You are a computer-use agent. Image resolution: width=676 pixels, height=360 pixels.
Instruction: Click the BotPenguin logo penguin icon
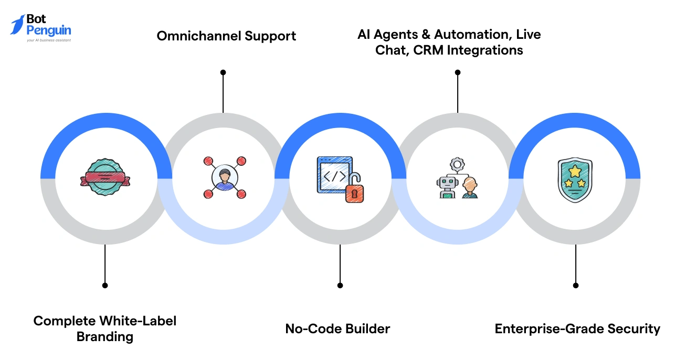tap(17, 25)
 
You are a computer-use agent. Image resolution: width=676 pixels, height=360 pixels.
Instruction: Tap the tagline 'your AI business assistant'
tap(48, 40)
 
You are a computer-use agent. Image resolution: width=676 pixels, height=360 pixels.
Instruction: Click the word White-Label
tap(138, 321)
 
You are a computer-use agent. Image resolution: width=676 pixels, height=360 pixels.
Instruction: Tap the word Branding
tap(105, 336)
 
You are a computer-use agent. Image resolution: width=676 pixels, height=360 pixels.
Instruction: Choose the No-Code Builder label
tap(337, 329)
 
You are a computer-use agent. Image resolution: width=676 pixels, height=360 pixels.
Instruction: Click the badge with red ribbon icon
tap(105, 179)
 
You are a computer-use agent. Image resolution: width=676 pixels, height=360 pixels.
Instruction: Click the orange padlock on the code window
tap(354, 192)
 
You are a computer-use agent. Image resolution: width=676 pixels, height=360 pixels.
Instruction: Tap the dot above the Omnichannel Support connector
tap(223, 72)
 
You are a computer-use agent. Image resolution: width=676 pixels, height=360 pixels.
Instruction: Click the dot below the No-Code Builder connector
tap(340, 285)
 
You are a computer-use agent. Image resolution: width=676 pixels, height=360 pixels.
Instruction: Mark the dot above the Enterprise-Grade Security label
tap(576, 285)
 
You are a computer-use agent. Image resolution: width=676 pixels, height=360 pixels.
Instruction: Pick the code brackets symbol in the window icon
tap(334, 176)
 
